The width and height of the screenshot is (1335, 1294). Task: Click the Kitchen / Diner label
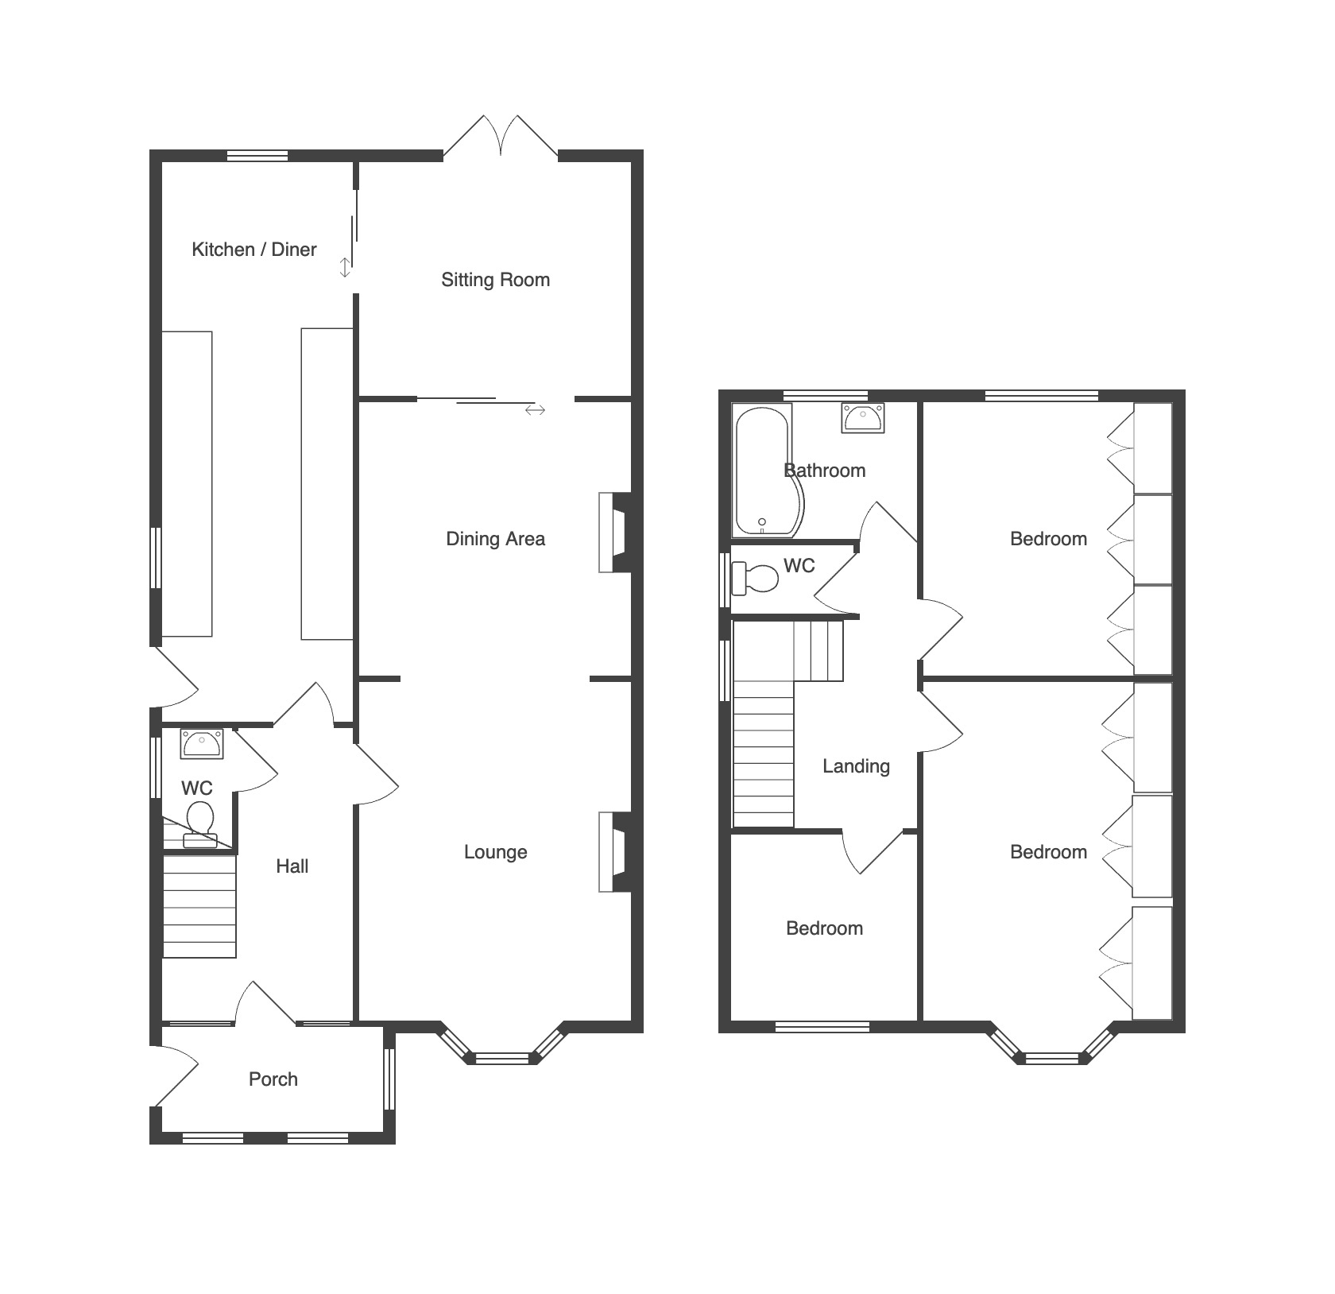254,250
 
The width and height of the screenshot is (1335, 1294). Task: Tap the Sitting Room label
496,280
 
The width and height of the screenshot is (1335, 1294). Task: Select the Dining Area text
496,539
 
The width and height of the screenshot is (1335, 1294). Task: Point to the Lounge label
496,852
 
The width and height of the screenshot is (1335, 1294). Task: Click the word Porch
273,1079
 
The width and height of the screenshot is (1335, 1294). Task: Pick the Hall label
292,866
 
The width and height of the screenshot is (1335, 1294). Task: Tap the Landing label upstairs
856,766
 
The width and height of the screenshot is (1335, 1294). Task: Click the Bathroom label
825,471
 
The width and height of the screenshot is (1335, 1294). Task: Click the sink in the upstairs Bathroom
863,418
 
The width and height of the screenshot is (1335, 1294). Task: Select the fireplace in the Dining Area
615,533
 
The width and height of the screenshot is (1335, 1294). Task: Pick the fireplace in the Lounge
615,851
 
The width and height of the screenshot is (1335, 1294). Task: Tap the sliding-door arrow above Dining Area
535,410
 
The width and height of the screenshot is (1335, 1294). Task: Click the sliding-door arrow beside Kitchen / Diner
345,267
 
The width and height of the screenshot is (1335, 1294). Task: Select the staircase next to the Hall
199,906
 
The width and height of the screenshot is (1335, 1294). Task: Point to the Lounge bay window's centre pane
501,1058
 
